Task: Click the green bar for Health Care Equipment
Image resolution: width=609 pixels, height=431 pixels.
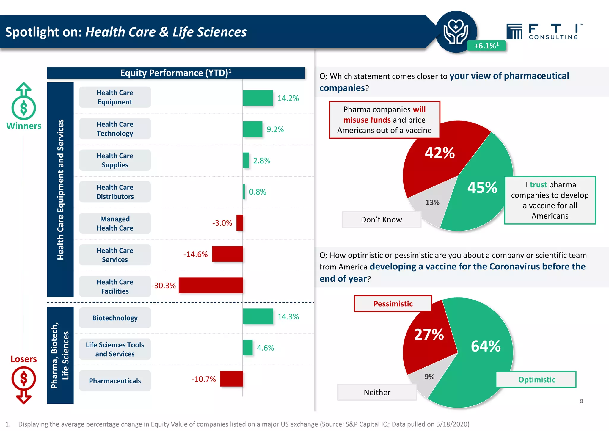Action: (258, 98)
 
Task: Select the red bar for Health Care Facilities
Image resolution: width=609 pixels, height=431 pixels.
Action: (211, 285)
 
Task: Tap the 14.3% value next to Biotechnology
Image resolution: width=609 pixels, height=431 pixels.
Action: (288, 317)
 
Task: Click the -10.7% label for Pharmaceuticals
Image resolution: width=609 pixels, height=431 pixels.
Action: (203, 379)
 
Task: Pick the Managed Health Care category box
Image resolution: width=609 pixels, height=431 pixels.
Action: (115, 223)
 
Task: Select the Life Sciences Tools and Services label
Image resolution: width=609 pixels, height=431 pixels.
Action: (115, 349)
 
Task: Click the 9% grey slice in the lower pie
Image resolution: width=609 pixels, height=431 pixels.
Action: (429, 377)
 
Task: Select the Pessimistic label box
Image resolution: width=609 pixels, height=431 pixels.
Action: (393, 304)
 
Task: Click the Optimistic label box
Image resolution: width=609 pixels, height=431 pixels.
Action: (536, 380)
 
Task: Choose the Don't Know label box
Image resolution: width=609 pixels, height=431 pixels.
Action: (381, 220)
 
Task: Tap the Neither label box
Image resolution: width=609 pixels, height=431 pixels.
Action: (377, 392)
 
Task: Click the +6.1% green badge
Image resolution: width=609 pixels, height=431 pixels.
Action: (486, 46)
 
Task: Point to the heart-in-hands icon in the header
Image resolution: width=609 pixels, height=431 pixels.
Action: (456, 32)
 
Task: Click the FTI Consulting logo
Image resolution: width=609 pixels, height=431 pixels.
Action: (544, 32)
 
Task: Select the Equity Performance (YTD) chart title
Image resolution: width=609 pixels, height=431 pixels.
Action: (176, 73)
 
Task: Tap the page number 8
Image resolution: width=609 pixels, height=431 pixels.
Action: (581, 401)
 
